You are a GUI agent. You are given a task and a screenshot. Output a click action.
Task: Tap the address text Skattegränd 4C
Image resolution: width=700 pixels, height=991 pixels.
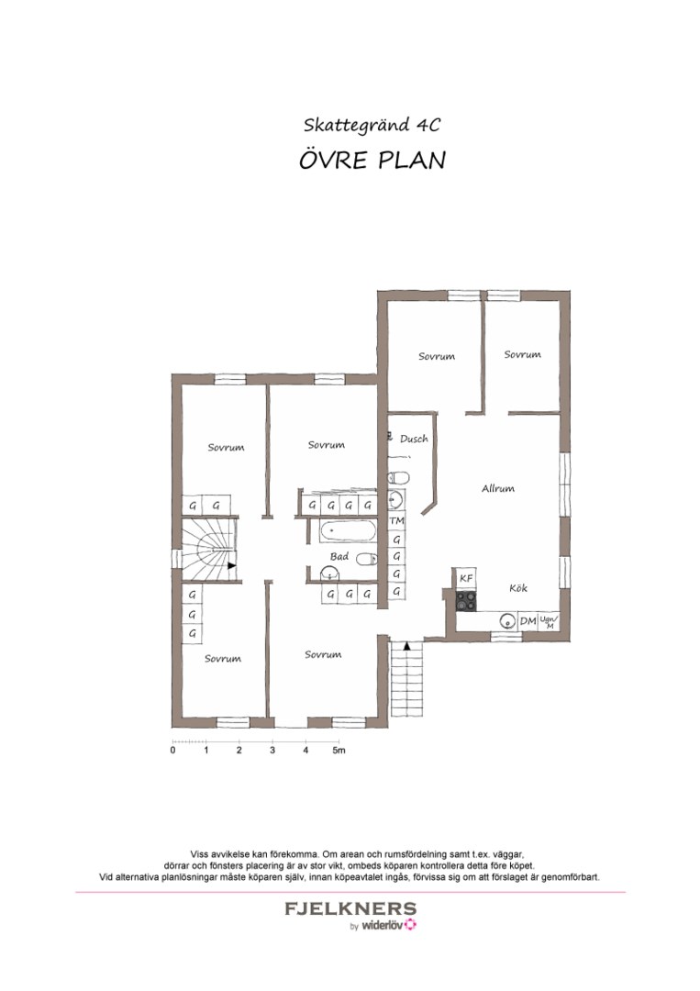click(x=372, y=125)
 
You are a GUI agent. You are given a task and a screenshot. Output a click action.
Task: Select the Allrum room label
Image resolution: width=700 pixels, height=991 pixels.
click(x=498, y=488)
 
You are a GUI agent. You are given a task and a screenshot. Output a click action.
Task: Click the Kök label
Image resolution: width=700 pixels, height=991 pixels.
click(x=518, y=588)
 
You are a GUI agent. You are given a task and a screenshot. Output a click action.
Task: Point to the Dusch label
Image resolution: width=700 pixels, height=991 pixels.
click(x=414, y=438)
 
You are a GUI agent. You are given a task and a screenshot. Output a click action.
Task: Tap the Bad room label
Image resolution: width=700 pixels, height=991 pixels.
click(x=339, y=556)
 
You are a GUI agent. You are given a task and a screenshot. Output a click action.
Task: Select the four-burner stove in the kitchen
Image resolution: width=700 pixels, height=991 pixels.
click(x=466, y=600)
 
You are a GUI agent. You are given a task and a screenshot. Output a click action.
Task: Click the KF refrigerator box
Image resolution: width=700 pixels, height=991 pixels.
click(x=466, y=578)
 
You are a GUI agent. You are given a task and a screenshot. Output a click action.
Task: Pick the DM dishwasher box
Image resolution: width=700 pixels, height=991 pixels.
click(x=528, y=621)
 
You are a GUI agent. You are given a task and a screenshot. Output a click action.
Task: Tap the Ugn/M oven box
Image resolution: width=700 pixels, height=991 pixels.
click(x=549, y=621)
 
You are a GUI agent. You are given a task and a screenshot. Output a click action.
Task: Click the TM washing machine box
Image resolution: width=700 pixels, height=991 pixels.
click(x=396, y=521)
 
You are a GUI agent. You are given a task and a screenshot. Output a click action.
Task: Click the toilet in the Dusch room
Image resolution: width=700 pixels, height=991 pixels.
click(x=398, y=477)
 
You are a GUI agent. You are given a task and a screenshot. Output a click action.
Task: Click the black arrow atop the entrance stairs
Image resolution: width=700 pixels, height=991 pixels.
click(x=406, y=646)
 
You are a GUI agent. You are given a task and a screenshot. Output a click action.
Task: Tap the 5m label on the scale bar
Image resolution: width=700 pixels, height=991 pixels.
click(x=339, y=751)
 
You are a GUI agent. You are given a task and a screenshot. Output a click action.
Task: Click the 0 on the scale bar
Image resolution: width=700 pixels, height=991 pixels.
click(x=173, y=751)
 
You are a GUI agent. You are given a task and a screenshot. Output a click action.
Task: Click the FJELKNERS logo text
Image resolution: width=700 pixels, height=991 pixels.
click(x=350, y=908)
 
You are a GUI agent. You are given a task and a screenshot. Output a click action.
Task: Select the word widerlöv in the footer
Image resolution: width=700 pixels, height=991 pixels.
click(x=383, y=926)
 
